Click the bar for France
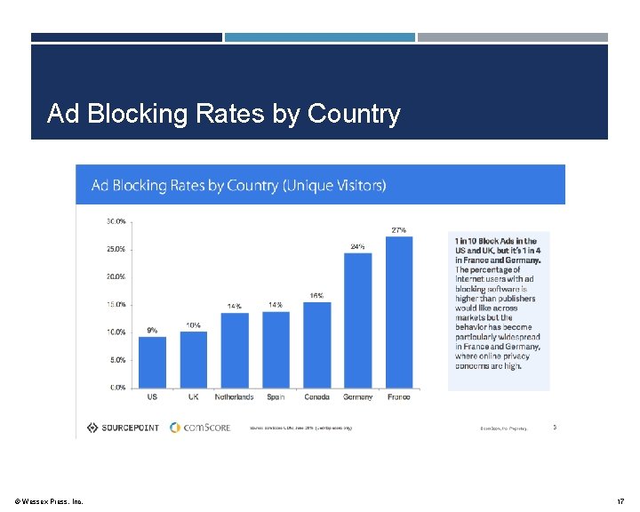(x=399, y=312)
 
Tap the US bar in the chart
(x=152, y=362)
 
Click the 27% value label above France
(x=399, y=230)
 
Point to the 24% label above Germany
(x=357, y=246)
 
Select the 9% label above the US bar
(x=152, y=330)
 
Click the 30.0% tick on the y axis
(x=116, y=220)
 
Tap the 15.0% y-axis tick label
(x=116, y=304)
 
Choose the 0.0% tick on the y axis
(x=117, y=388)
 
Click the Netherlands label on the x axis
(x=234, y=397)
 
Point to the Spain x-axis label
(x=276, y=397)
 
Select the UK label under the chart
(x=193, y=397)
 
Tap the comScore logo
(x=200, y=428)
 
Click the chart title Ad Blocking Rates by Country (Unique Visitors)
(x=239, y=186)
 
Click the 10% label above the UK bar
(x=193, y=325)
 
